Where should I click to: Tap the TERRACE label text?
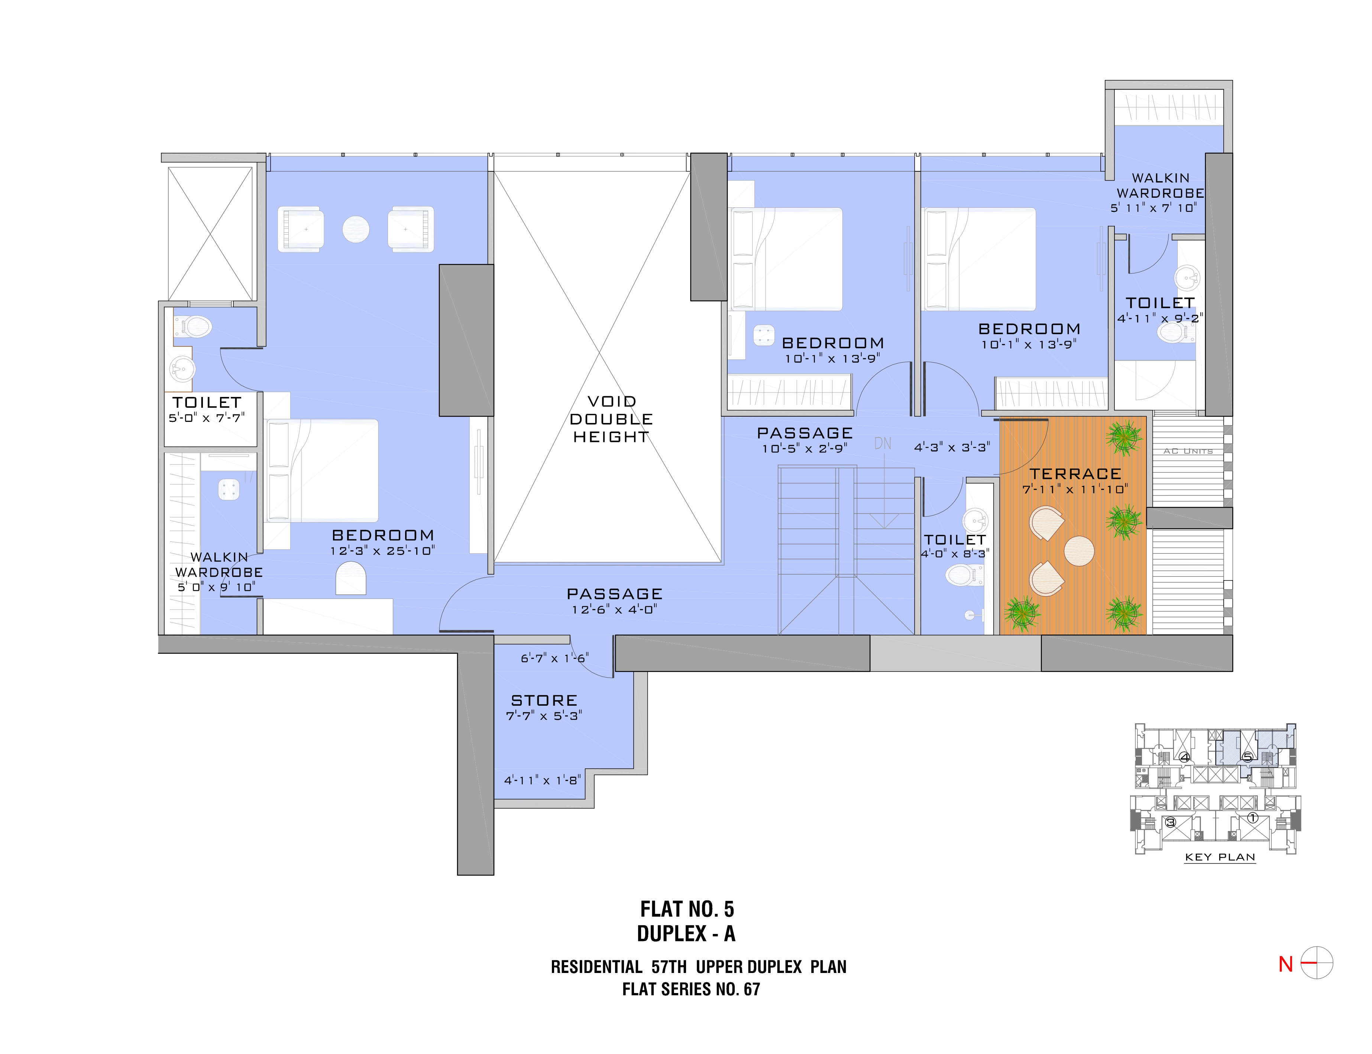click(x=1075, y=474)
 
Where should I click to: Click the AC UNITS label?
click(x=1188, y=451)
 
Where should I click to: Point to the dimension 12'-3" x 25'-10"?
click(x=383, y=551)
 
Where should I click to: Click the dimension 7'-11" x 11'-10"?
click(x=1075, y=489)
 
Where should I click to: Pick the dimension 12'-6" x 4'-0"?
click(x=614, y=609)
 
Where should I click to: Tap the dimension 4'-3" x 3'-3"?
click(x=952, y=447)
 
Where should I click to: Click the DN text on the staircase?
click(x=883, y=443)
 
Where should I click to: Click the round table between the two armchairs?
click(x=356, y=230)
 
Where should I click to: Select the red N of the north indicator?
click(x=1285, y=964)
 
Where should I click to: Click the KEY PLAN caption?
click(x=1220, y=857)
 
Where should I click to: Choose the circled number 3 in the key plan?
click(x=1169, y=822)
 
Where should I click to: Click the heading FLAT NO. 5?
click(x=687, y=909)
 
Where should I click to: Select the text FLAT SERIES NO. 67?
click(x=691, y=989)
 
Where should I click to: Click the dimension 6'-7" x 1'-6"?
click(x=554, y=658)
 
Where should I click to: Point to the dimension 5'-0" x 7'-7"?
click(x=206, y=418)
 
